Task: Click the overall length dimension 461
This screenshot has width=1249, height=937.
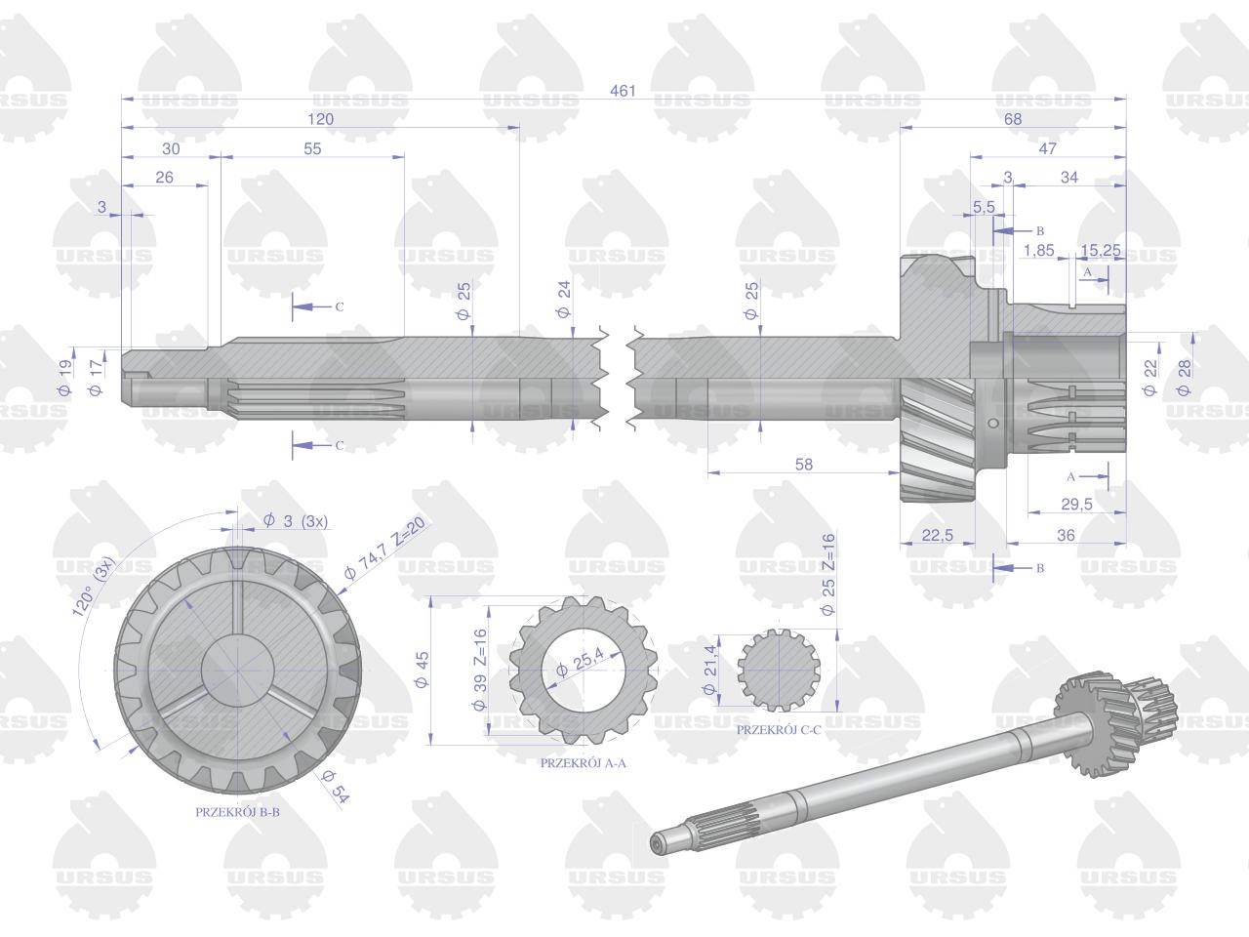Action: click(x=623, y=91)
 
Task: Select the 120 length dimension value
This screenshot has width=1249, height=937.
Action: click(x=320, y=119)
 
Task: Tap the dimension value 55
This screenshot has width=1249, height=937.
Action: click(x=312, y=148)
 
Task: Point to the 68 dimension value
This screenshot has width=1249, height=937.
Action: click(x=1013, y=119)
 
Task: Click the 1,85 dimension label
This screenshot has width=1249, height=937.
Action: click(x=1039, y=250)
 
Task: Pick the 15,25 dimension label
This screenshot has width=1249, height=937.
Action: click(x=1101, y=250)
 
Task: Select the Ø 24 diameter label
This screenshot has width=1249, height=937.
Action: click(x=563, y=300)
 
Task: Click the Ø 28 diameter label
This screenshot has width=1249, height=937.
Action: click(x=1185, y=378)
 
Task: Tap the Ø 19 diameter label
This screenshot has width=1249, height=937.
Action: click(x=64, y=378)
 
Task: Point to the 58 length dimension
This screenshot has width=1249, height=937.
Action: click(x=803, y=465)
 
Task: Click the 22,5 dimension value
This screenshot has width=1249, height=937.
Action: click(x=937, y=535)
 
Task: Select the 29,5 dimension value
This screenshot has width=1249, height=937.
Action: click(x=1076, y=504)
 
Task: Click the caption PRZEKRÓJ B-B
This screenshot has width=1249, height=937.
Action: click(x=237, y=812)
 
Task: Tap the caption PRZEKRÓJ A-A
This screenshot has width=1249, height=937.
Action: click(x=583, y=763)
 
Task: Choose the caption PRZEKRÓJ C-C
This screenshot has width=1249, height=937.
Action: click(x=779, y=730)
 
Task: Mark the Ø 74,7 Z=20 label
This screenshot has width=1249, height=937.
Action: click(x=384, y=548)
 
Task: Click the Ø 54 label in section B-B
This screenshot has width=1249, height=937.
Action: click(x=335, y=787)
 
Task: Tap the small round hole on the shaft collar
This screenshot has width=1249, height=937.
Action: click(x=993, y=423)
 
